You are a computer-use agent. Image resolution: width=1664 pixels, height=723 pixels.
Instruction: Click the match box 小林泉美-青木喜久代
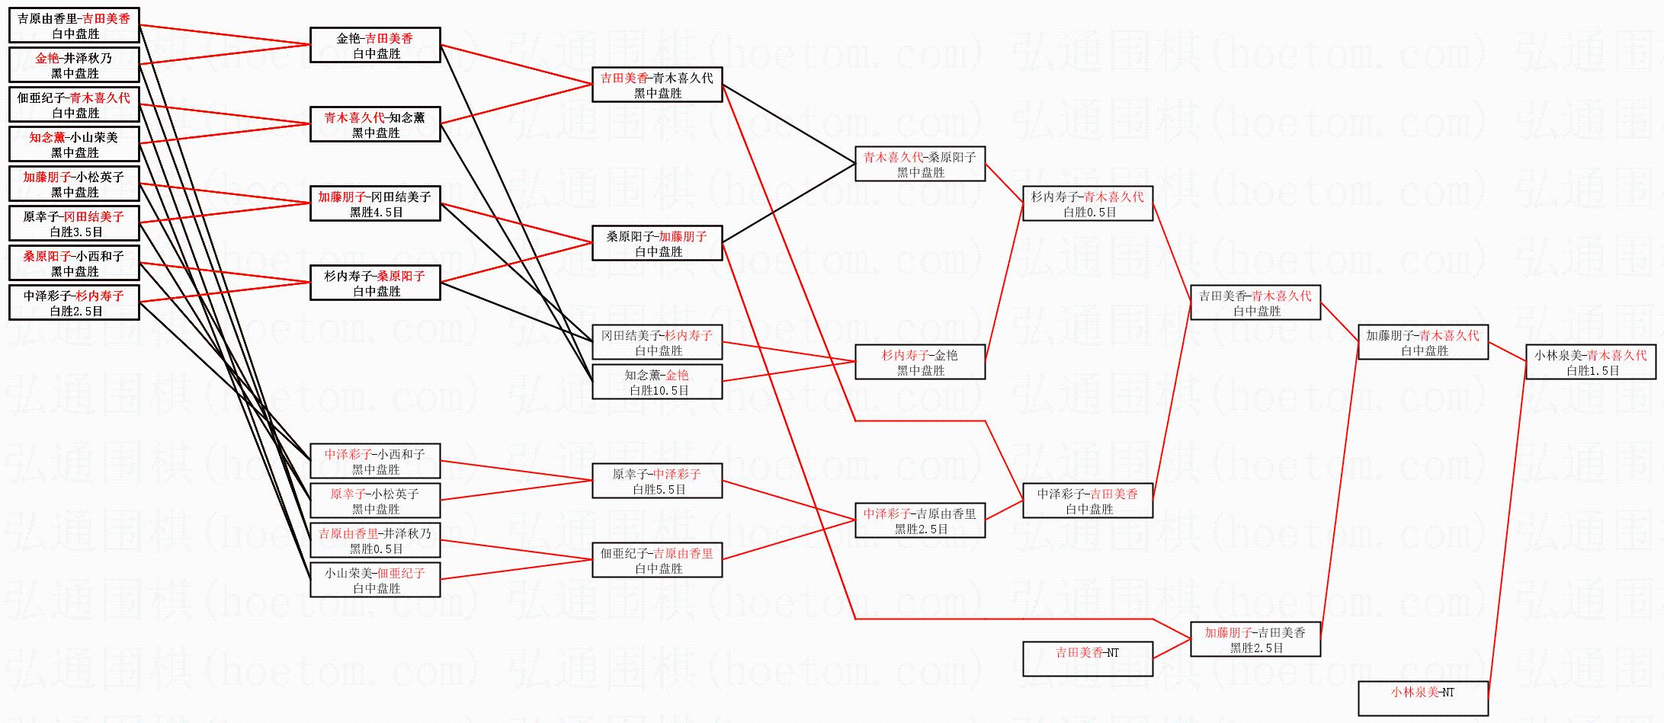click(1590, 362)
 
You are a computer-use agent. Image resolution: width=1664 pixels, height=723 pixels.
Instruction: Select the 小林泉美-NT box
click(1422, 699)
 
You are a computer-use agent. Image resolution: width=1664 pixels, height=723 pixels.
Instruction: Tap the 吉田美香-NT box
click(1087, 659)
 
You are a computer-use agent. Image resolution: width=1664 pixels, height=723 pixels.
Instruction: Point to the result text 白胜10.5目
click(659, 391)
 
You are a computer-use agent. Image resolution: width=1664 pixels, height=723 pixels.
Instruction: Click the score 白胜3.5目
click(75, 232)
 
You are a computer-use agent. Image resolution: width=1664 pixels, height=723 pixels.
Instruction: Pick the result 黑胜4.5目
click(376, 213)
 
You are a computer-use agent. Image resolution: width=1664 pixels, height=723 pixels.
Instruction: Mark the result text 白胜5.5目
click(659, 490)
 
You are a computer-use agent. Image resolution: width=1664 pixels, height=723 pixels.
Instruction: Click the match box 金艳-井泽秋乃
click(74, 65)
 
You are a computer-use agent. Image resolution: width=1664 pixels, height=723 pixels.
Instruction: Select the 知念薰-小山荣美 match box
click(74, 144)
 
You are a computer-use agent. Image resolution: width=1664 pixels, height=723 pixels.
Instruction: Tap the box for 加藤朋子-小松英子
click(74, 184)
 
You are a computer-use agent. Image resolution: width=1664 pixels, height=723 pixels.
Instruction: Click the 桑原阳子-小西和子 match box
click(74, 263)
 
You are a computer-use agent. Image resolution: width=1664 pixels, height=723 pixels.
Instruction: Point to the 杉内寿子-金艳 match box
click(919, 362)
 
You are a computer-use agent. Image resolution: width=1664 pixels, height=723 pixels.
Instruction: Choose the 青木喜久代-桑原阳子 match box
click(919, 164)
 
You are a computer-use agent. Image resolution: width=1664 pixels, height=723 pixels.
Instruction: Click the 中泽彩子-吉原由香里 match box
click(919, 520)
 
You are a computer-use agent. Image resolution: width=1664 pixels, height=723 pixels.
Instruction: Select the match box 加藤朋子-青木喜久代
click(1422, 342)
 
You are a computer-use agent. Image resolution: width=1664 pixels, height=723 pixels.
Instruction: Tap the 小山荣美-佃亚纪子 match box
click(375, 580)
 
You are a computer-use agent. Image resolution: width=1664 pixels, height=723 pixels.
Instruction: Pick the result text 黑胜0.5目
click(376, 549)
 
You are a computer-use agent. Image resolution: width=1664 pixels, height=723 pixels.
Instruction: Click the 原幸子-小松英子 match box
click(375, 501)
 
